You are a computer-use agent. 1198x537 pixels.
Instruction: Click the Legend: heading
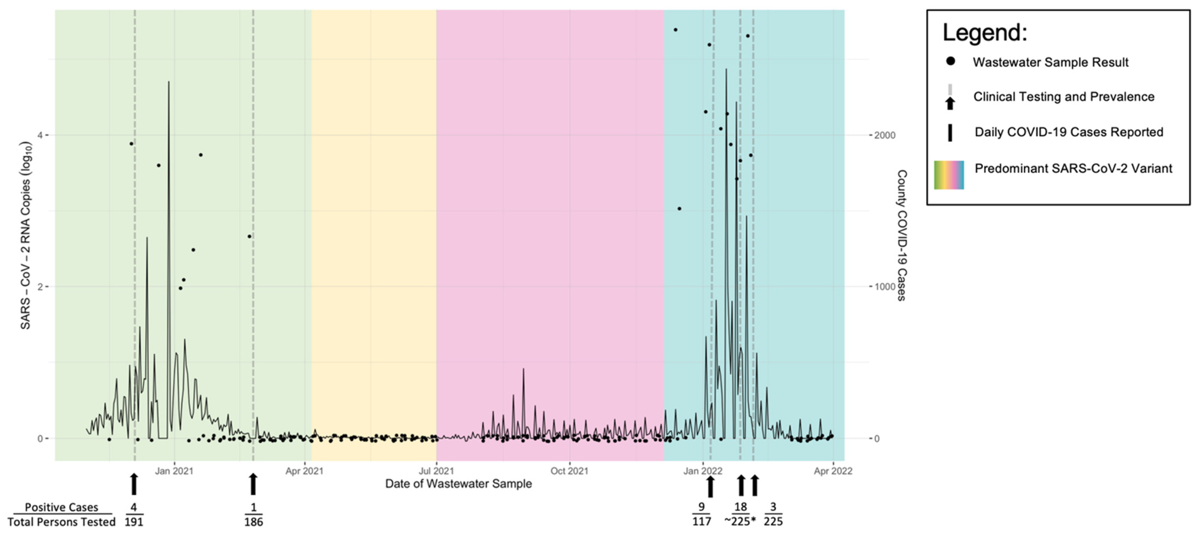[x=985, y=33]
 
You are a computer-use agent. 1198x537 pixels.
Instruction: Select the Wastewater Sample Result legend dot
[x=950, y=61]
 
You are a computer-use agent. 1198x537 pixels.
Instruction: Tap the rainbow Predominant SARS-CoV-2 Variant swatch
[x=949, y=175]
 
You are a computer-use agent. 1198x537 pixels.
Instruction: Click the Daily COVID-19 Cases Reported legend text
[x=1069, y=132]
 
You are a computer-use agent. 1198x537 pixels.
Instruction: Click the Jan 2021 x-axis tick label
[x=174, y=471]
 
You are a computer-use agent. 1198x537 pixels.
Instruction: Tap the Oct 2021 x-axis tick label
[x=569, y=471]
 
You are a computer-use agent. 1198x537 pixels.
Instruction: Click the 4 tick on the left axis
[x=40, y=135]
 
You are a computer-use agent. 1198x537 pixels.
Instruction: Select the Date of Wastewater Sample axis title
[x=458, y=484]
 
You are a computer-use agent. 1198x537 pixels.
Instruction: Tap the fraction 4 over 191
[x=134, y=515]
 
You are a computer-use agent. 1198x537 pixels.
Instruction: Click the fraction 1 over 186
[x=254, y=515]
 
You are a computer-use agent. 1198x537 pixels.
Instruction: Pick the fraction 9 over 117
[x=701, y=514]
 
